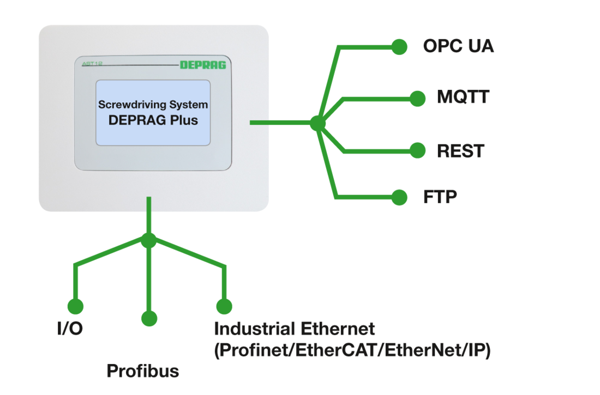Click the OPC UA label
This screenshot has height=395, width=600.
click(458, 46)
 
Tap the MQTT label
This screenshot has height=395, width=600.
click(463, 98)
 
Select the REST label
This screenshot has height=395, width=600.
click(460, 150)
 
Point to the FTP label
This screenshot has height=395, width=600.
click(440, 197)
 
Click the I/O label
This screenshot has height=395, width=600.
click(70, 329)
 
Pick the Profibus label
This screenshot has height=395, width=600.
click(142, 372)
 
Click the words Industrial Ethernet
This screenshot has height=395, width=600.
click(294, 329)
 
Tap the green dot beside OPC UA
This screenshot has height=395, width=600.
click(400, 47)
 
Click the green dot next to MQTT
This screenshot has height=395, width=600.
click(417, 98)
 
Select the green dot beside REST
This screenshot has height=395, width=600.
click(417, 150)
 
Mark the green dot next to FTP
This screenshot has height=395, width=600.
click(400, 197)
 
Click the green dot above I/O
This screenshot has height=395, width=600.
click(75, 306)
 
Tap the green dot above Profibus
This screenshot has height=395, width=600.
click(148, 318)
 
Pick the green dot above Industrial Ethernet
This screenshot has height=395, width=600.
click(224, 306)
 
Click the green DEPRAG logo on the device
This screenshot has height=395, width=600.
click(203, 65)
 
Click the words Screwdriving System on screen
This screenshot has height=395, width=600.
click(153, 104)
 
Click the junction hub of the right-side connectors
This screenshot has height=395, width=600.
click(318, 123)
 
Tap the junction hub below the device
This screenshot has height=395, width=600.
click(148, 239)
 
